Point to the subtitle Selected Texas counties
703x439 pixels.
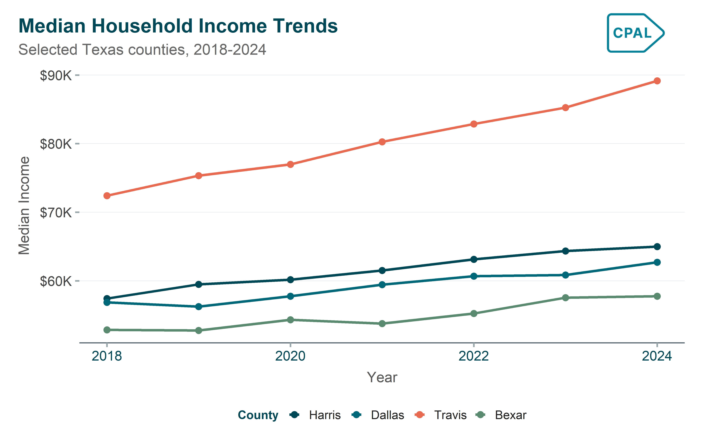pyautogui.click(x=142, y=50)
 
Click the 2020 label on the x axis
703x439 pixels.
pyautogui.click(x=290, y=356)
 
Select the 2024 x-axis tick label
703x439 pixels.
pyautogui.click(x=657, y=356)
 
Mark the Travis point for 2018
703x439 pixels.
pyautogui.click(x=107, y=196)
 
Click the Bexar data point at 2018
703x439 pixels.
pyautogui.click(x=107, y=330)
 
